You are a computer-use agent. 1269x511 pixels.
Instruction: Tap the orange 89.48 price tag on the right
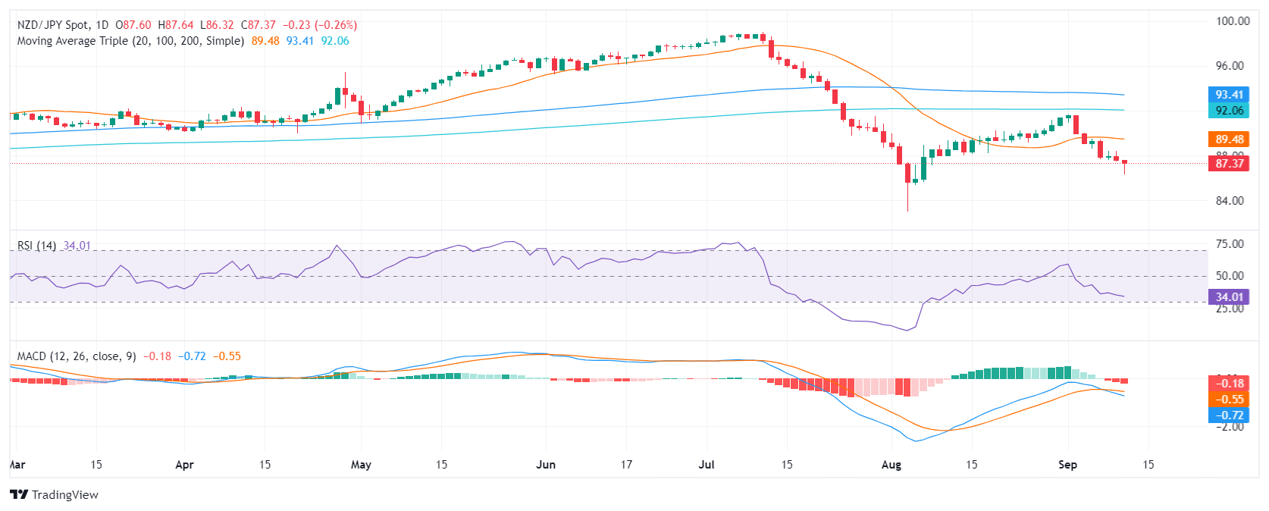click(x=1229, y=140)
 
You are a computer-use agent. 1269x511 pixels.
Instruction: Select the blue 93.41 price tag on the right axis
click(x=1229, y=95)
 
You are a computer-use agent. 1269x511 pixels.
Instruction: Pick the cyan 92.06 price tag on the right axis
click(x=1229, y=111)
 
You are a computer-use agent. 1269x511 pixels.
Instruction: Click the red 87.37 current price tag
click(x=1229, y=164)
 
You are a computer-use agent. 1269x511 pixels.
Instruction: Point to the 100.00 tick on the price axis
click(x=1232, y=21)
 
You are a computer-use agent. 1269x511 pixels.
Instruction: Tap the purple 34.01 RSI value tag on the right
click(x=1229, y=297)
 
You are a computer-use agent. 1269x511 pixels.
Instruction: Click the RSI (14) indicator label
click(x=36, y=246)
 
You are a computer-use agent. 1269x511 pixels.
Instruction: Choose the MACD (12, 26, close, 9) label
click(x=77, y=356)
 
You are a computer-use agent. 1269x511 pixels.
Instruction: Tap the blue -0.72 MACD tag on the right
click(x=1229, y=415)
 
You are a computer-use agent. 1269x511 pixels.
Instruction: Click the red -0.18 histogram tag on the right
click(x=1229, y=384)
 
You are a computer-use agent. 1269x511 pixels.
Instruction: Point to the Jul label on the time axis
click(x=707, y=465)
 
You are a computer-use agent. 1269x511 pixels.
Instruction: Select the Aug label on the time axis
click(x=891, y=465)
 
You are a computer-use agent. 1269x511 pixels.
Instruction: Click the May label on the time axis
click(x=361, y=465)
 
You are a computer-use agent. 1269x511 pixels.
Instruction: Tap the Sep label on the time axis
click(x=1067, y=465)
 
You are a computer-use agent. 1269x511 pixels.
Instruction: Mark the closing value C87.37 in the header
click(x=258, y=25)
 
